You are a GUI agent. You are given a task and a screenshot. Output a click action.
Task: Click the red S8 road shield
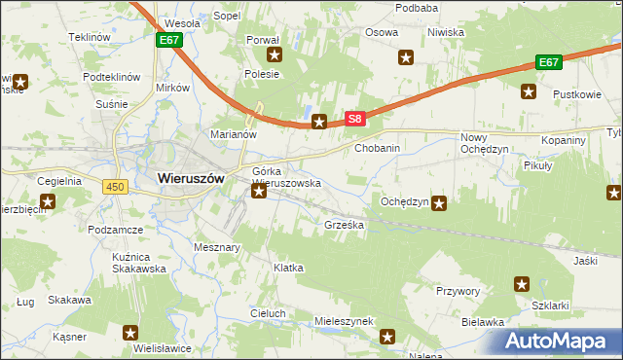(x=355, y=120)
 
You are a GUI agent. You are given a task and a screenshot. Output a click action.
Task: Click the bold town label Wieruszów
(x=191, y=179)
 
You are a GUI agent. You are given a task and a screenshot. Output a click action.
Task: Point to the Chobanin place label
(x=378, y=148)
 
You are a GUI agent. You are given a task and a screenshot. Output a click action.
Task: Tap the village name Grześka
(x=344, y=225)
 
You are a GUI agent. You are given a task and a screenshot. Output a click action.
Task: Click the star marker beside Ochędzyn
(x=440, y=203)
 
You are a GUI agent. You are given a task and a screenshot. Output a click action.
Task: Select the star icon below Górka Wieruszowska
(x=259, y=193)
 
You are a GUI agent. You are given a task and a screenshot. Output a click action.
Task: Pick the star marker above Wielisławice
(x=131, y=333)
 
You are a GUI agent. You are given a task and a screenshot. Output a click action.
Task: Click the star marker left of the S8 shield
(x=318, y=122)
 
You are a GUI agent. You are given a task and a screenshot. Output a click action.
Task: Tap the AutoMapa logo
(x=559, y=341)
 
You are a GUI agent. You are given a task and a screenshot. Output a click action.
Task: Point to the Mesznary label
(x=217, y=247)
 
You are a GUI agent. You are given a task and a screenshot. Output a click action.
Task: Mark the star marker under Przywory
(x=521, y=285)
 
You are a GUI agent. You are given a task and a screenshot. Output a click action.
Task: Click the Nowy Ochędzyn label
(x=484, y=144)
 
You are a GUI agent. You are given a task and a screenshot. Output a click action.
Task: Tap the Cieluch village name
(x=268, y=313)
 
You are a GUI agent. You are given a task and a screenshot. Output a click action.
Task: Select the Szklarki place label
(x=550, y=305)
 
